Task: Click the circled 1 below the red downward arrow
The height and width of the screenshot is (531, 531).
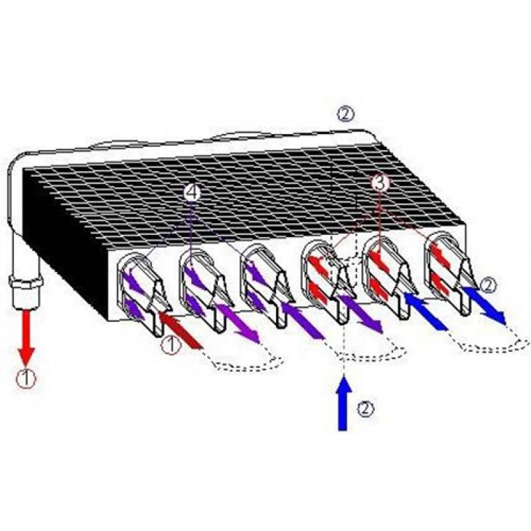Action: (x=27, y=378)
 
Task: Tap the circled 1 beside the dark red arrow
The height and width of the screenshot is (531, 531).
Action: (x=171, y=345)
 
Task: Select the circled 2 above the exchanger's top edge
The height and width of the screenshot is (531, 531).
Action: (x=345, y=114)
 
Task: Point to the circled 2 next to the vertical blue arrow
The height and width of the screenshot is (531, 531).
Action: (x=366, y=409)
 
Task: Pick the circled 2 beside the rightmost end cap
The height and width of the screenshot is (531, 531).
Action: (x=487, y=285)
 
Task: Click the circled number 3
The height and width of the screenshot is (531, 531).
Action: (x=379, y=183)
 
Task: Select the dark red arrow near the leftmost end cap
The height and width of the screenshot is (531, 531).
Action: (x=180, y=331)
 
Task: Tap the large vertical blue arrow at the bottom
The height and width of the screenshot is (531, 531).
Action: (x=344, y=403)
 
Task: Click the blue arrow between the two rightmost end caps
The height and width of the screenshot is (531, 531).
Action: (x=426, y=311)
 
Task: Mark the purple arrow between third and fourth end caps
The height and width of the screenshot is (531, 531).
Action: (x=303, y=320)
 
